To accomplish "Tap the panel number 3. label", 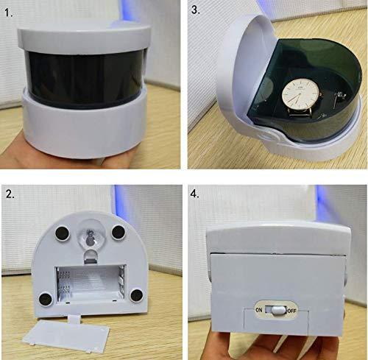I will pyautogui.click(x=197, y=11).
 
